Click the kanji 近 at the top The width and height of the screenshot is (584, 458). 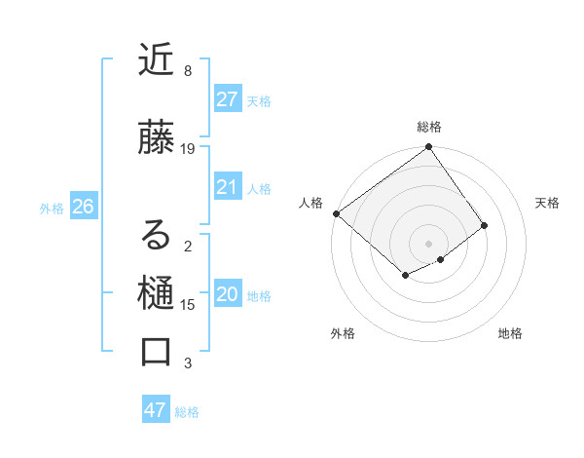[157, 59]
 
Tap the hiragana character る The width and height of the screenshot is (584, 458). [157, 235]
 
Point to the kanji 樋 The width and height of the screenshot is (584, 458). [157, 293]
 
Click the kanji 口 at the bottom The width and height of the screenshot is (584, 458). [157, 352]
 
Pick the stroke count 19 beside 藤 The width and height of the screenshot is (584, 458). [188, 149]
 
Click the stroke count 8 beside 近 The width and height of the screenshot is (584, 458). [188, 71]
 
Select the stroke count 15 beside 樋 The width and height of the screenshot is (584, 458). [188, 305]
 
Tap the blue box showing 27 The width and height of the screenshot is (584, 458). [227, 99]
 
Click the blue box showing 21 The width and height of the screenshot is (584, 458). [227, 187]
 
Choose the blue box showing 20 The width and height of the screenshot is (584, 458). [227, 294]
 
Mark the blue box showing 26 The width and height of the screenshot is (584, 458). [83, 207]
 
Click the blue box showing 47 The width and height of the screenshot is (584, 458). [155, 410]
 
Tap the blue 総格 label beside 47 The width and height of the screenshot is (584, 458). [187, 412]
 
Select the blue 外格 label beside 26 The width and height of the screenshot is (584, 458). [52, 208]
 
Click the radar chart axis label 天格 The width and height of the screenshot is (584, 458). [547, 203]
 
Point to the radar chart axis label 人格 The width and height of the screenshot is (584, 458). [311, 203]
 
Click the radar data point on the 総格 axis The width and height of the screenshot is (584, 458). [428, 147]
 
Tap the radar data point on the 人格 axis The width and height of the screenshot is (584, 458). [336, 213]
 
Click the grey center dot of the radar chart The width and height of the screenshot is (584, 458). [428, 243]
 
